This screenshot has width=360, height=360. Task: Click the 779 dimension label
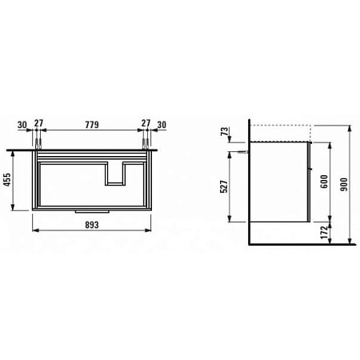92,125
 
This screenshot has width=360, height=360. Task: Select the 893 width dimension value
92,225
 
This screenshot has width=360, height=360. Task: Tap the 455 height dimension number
7,180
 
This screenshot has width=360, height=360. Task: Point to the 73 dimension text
226,131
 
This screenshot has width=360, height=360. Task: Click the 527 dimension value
224,186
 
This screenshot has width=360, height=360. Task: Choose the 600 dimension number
324,182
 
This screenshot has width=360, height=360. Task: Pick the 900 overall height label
344,184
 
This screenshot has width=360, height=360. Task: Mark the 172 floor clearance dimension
324,233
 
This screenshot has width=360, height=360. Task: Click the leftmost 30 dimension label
22,125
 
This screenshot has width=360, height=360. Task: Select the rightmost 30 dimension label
162,125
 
